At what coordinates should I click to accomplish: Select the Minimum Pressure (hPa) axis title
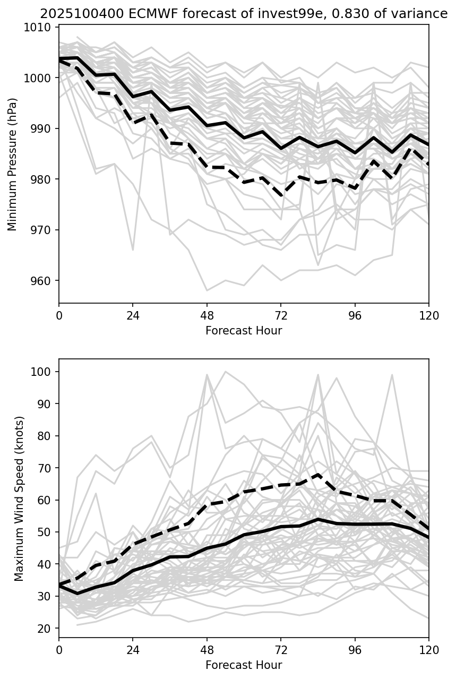13,164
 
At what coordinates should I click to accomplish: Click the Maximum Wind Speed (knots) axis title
19,498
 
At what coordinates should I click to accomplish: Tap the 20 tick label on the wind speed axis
47,629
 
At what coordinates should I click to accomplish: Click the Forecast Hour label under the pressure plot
244,331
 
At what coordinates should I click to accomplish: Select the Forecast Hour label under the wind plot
244,665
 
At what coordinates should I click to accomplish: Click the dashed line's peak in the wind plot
318,474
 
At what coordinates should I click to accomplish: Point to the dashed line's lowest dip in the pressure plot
281,195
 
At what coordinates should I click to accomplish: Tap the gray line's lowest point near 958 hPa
207,290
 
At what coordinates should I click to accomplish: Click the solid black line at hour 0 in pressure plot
59,58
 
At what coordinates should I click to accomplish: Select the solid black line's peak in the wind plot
318,519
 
